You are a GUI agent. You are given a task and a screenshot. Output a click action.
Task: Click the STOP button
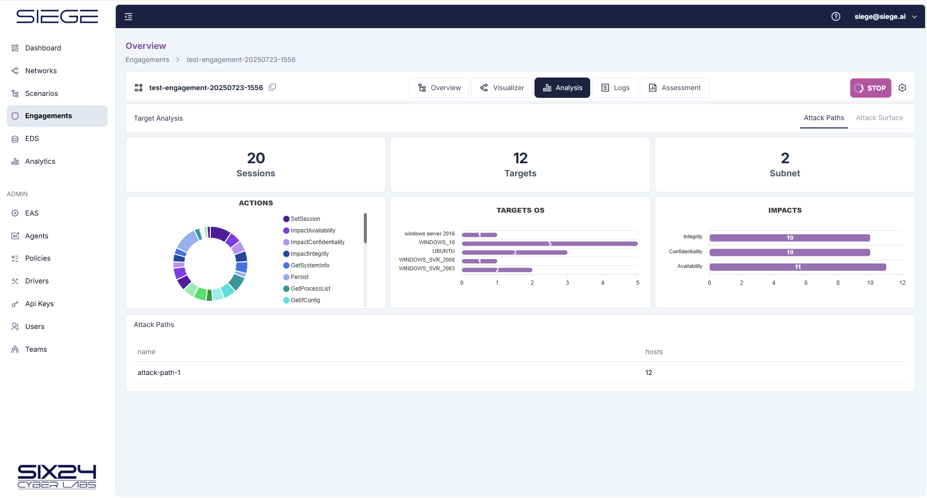click(870, 88)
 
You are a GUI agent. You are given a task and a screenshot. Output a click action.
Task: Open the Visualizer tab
click(502, 88)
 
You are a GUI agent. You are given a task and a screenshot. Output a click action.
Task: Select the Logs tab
click(615, 88)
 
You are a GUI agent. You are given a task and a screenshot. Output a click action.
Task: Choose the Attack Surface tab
click(879, 118)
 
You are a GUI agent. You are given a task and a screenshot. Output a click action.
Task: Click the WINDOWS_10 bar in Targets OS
click(550, 244)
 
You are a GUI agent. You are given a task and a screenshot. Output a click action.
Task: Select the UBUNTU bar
click(514, 252)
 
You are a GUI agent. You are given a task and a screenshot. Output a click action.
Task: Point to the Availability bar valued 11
click(798, 267)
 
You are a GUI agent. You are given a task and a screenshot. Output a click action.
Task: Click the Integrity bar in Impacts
click(789, 238)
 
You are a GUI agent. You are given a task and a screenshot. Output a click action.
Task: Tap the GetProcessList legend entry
click(310, 289)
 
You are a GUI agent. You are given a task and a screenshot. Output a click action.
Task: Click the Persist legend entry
click(299, 277)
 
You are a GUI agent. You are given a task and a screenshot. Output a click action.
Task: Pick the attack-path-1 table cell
click(159, 373)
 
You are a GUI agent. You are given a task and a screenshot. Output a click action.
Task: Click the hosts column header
click(654, 352)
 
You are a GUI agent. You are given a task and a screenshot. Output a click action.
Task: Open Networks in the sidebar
click(41, 71)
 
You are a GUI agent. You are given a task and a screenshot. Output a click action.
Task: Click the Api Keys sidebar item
click(39, 304)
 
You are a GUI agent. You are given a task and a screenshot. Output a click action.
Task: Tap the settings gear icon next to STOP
click(902, 88)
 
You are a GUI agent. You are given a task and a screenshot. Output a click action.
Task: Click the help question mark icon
click(836, 16)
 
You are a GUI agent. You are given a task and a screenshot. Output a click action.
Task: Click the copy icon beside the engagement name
click(272, 87)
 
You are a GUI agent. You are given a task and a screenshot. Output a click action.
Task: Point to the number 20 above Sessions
click(256, 158)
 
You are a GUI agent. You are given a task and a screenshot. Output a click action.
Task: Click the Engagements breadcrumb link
click(147, 60)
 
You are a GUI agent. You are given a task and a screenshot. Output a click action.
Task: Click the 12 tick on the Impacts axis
click(902, 283)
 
